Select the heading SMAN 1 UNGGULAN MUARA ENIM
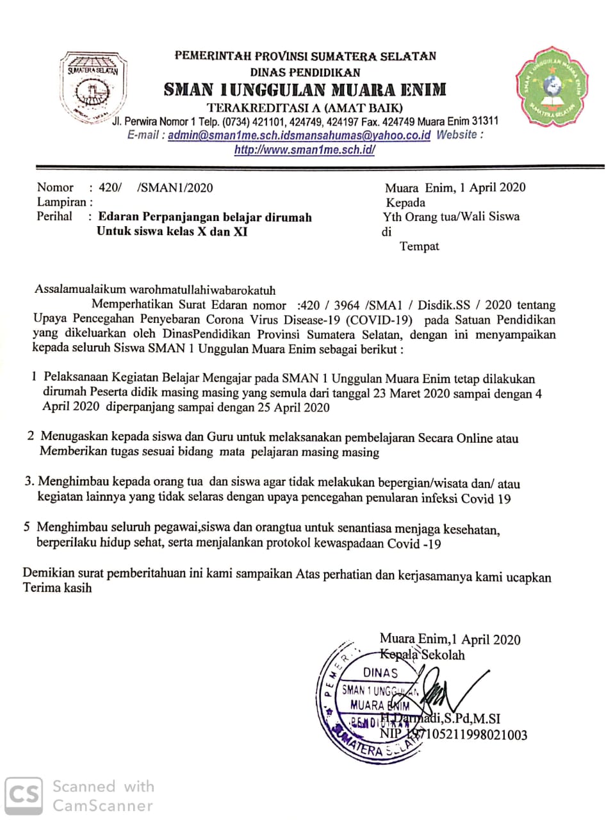(x=305, y=90)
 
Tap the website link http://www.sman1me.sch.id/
(x=304, y=150)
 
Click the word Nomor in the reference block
(x=55, y=188)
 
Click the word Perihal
(x=54, y=216)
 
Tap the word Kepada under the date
(x=405, y=202)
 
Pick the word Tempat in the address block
(x=420, y=246)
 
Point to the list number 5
(x=27, y=527)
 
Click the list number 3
(x=29, y=481)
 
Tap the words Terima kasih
(x=58, y=587)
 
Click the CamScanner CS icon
(x=24, y=795)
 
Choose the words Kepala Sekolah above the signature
(x=422, y=655)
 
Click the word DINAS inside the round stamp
(x=380, y=673)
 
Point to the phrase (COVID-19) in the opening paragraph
(x=379, y=320)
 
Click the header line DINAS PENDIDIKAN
(x=305, y=72)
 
